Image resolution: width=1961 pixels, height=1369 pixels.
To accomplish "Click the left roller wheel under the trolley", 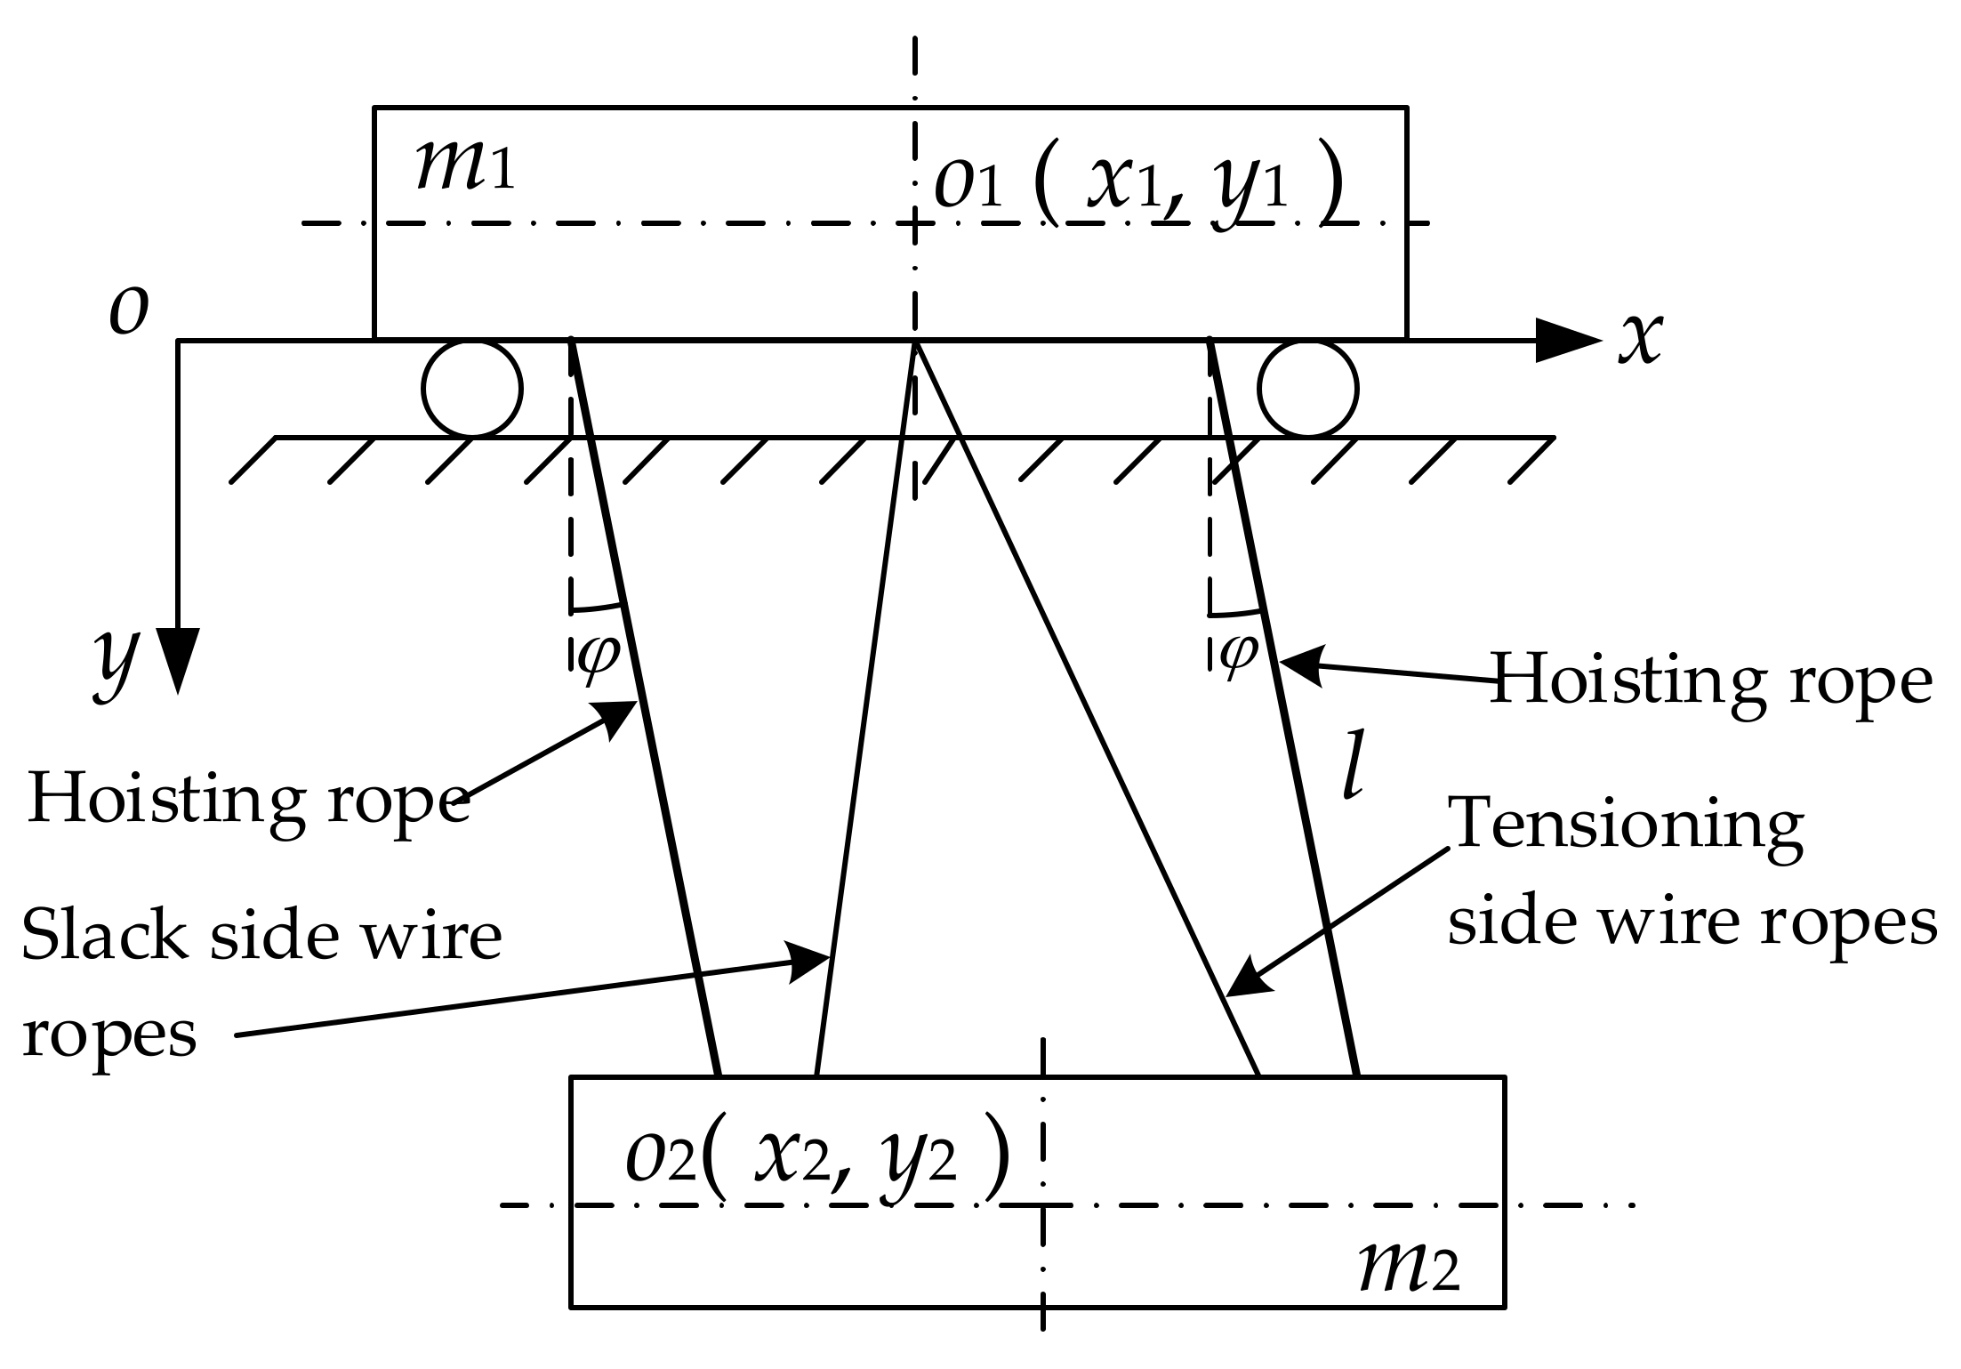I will click(471, 389).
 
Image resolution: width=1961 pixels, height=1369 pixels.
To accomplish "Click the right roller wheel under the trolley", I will click(1307, 389).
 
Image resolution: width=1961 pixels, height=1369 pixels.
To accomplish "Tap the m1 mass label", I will click(465, 167).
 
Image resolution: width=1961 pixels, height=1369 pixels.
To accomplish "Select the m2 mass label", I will click(1409, 1268).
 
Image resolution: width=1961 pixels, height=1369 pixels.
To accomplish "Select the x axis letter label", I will click(1639, 338).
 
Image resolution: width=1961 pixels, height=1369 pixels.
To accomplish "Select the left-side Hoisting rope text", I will click(249, 799).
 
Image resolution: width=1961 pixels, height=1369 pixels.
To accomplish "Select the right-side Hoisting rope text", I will click(1710, 680).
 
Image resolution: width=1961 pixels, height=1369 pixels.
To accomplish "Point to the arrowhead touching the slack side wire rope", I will click(811, 962).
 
